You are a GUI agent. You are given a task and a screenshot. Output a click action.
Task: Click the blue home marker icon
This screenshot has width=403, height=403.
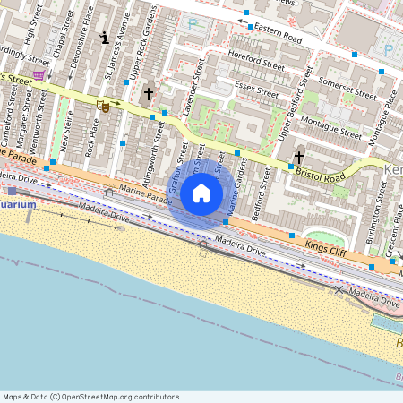pos(201,193)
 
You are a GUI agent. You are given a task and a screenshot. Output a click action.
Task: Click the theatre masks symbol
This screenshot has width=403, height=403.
pos(103,106)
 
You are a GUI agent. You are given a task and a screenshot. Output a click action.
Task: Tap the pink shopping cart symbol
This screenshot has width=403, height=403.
pos(39,75)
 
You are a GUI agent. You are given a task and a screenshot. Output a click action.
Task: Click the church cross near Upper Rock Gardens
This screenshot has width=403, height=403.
pos(148,92)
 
